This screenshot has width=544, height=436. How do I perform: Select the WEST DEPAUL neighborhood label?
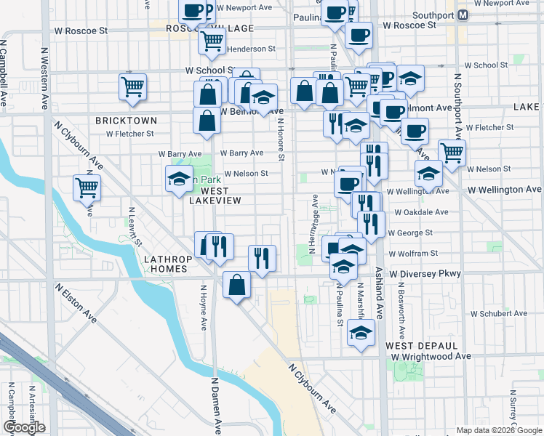coord(421,345)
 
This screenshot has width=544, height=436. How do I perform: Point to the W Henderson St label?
coord(251,49)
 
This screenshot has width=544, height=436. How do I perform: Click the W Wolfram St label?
coord(413,254)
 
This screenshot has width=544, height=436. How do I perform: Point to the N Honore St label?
coord(280,138)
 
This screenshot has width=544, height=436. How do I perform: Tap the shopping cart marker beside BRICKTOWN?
coord(133,86)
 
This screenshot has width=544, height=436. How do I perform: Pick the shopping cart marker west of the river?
coord(87,187)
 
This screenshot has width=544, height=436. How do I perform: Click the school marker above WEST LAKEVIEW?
coord(179,181)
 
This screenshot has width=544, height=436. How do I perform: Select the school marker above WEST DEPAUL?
coord(359,332)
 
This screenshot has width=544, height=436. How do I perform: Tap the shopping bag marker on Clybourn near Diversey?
coord(237,285)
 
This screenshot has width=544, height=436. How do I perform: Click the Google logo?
coord(24,427)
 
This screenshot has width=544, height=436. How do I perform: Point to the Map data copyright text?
coord(499,430)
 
